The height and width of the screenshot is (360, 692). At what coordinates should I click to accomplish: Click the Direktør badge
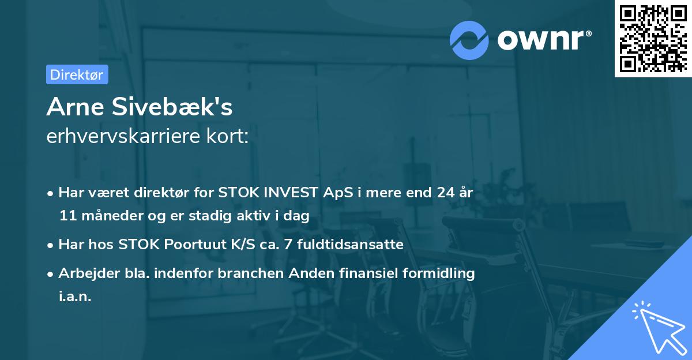click(x=77, y=74)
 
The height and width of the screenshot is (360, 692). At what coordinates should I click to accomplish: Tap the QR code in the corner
click(x=653, y=39)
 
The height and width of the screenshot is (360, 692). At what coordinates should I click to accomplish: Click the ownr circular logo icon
click(x=469, y=40)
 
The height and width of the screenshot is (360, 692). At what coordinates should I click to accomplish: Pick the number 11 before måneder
click(x=67, y=216)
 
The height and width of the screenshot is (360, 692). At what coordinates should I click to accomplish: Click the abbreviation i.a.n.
click(x=75, y=297)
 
